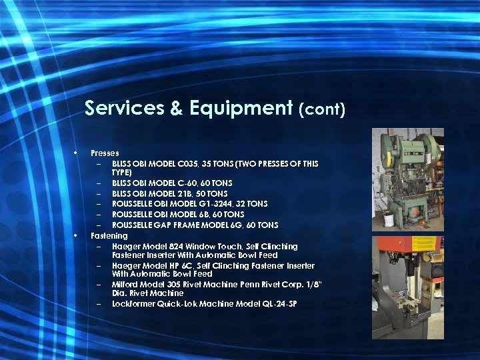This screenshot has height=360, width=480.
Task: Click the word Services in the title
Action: coord(125,108)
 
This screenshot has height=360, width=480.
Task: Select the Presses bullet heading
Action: coord(105,153)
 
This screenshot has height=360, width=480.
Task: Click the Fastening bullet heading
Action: coord(109,236)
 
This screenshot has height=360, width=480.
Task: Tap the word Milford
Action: coord(125,285)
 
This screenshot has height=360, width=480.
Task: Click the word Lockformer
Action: coord(133,304)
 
